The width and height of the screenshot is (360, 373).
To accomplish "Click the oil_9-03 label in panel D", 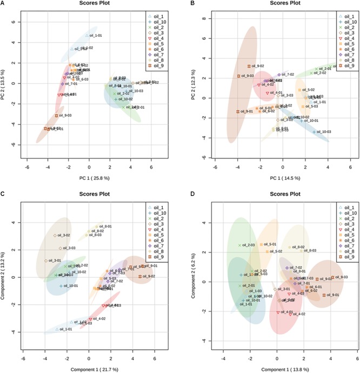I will pyautogui.click(x=341, y=277).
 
